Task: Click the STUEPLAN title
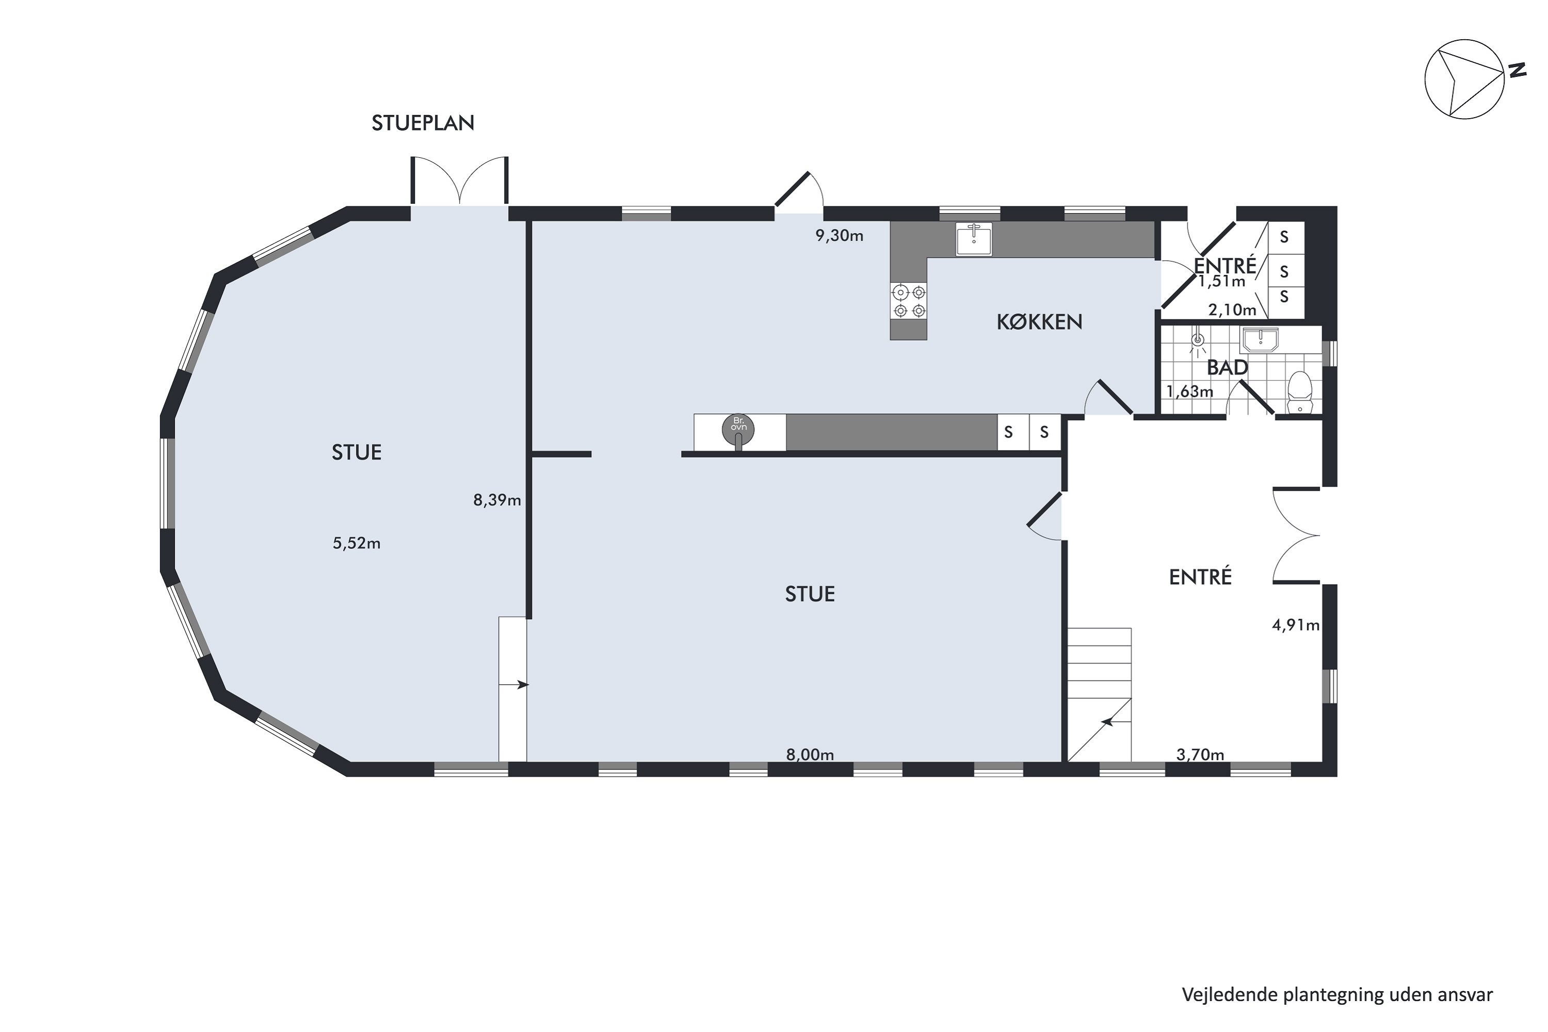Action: click(x=423, y=123)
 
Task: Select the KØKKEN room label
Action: click(x=1039, y=322)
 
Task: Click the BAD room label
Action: click(x=1228, y=367)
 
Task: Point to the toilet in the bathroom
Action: click(x=1300, y=392)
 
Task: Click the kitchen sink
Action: click(x=973, y=239)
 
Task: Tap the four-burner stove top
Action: click(x=908, y=301)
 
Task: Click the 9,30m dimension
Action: click(x=839, y=236)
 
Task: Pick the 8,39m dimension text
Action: click(x=497, y=500)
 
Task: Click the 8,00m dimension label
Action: click(x=810, y=755)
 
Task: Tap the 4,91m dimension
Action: click(x=1296, y=625)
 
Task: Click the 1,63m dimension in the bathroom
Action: click(x=1190, y=392)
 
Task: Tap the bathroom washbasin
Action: click(x=1260, y=340)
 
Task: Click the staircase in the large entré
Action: click(x=1099, y=695)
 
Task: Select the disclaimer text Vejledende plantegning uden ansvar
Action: click(x=1337, y=994)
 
